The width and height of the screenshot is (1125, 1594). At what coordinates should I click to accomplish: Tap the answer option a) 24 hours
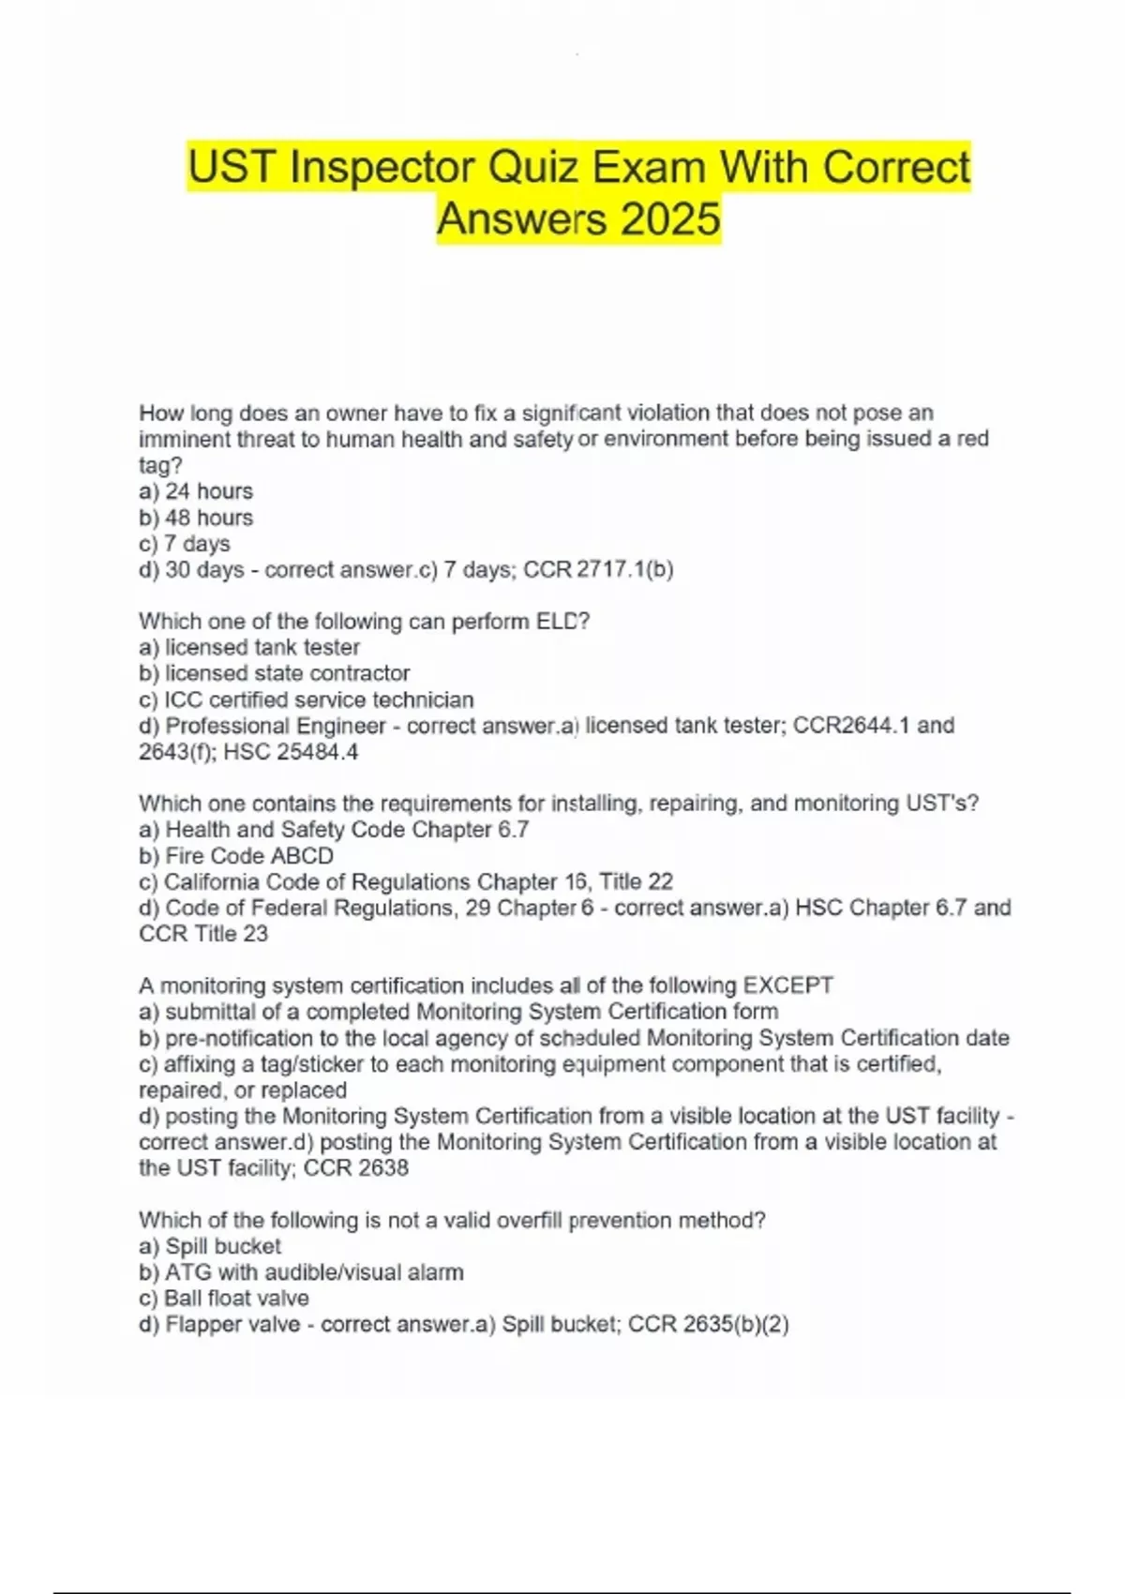(x=196, y=491)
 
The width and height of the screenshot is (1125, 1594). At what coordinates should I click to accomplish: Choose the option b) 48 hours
(x=196, y=518)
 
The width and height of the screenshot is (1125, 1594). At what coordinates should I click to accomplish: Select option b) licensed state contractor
(x=275, y=673)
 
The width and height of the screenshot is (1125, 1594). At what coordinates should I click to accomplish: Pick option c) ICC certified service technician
(x=307, y=699)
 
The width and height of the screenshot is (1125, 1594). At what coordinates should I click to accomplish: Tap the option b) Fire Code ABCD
(x=236, y=856)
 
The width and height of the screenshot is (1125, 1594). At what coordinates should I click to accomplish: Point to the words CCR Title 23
(x=203, y=934)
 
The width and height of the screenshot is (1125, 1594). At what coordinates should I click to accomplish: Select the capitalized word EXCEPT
(x=787, y=986)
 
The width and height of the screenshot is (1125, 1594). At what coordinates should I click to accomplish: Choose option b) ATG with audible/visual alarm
(x=301, y=1272)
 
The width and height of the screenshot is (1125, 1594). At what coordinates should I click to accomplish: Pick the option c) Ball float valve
(x=224, y=1299)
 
